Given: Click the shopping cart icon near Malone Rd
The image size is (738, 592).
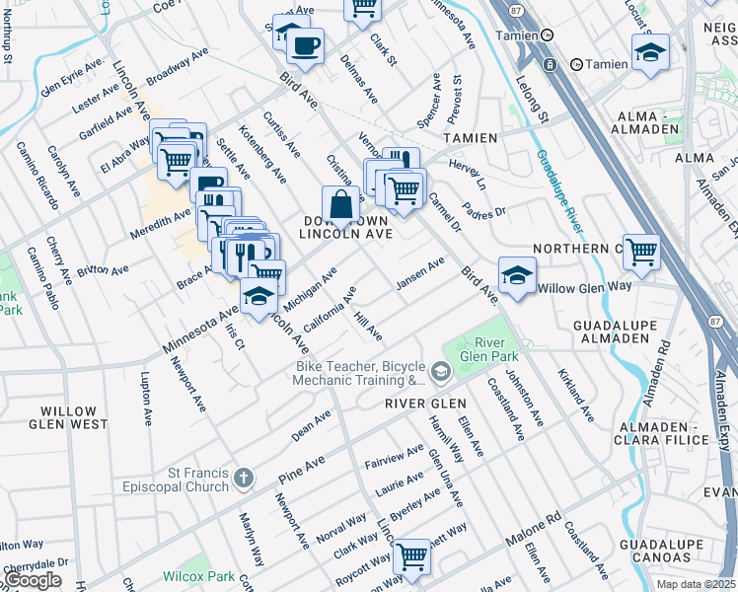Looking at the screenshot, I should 411,556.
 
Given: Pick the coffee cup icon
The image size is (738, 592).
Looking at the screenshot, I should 305,45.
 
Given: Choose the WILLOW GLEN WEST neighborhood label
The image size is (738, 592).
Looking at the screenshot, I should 62,417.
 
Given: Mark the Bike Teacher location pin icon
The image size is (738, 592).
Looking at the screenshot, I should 440,372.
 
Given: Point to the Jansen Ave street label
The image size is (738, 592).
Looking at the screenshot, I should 420,275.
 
